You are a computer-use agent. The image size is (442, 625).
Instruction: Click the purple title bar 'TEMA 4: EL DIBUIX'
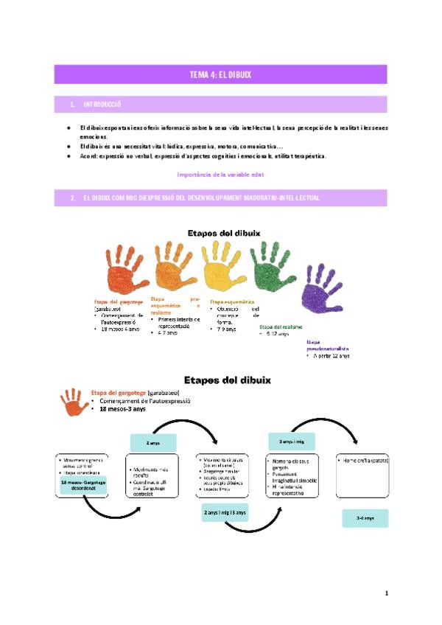click(220, 74)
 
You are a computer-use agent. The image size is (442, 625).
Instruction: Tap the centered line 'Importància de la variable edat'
click(220, 174)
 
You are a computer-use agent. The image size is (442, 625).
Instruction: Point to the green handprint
click(273, 265)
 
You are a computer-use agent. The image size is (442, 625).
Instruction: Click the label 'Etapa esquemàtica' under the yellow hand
click(232, 301)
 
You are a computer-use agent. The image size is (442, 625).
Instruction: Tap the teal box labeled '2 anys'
click(153, 442)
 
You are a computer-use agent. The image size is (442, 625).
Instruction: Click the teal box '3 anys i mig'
click(292, 441)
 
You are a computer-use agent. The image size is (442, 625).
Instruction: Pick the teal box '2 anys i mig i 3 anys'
click(225, 512)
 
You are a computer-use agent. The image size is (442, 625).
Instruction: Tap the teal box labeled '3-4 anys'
click(365, 518)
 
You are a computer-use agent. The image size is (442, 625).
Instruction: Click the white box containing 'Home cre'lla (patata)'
click(362, 475)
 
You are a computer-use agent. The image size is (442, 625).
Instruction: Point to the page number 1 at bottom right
click(385, 593)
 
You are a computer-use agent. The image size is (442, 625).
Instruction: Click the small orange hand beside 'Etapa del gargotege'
click(73, 402)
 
